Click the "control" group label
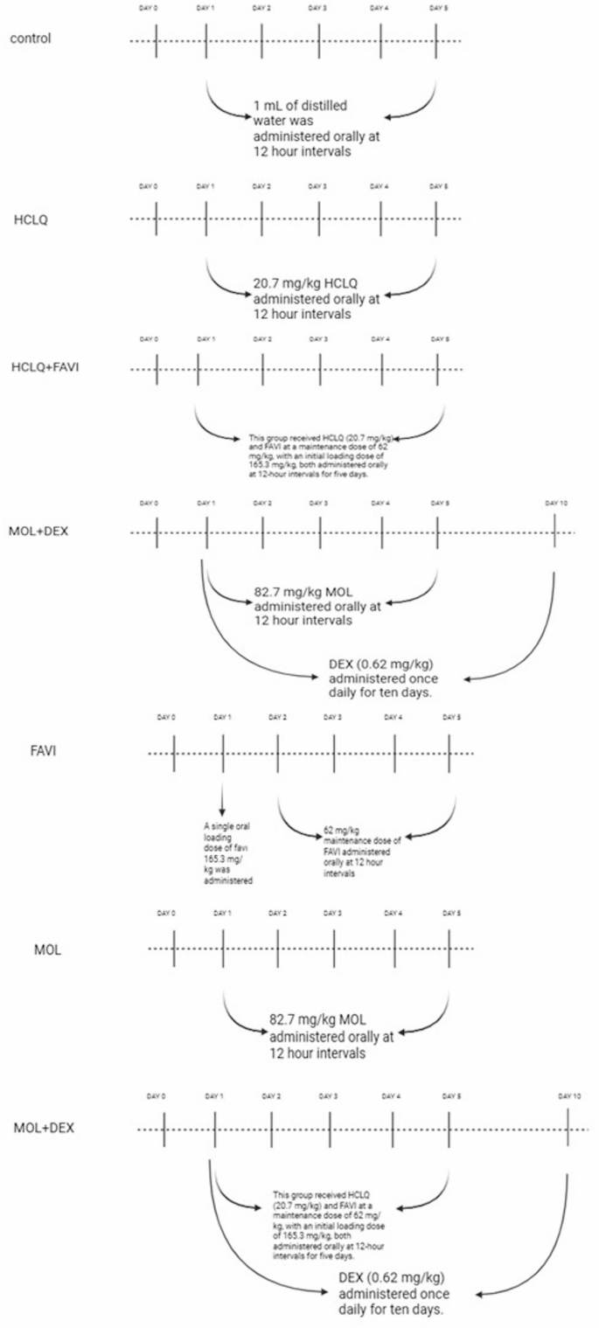[29, 39]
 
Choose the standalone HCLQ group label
[30, 219]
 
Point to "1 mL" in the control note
[267, 106]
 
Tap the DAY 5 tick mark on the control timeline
[436, 40]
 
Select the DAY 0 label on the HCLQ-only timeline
[148, 186]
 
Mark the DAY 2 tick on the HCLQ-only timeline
[262, 219]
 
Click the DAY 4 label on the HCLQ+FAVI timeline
[380, 337]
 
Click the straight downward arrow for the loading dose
[223, 800]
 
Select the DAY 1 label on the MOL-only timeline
[223, 913]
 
